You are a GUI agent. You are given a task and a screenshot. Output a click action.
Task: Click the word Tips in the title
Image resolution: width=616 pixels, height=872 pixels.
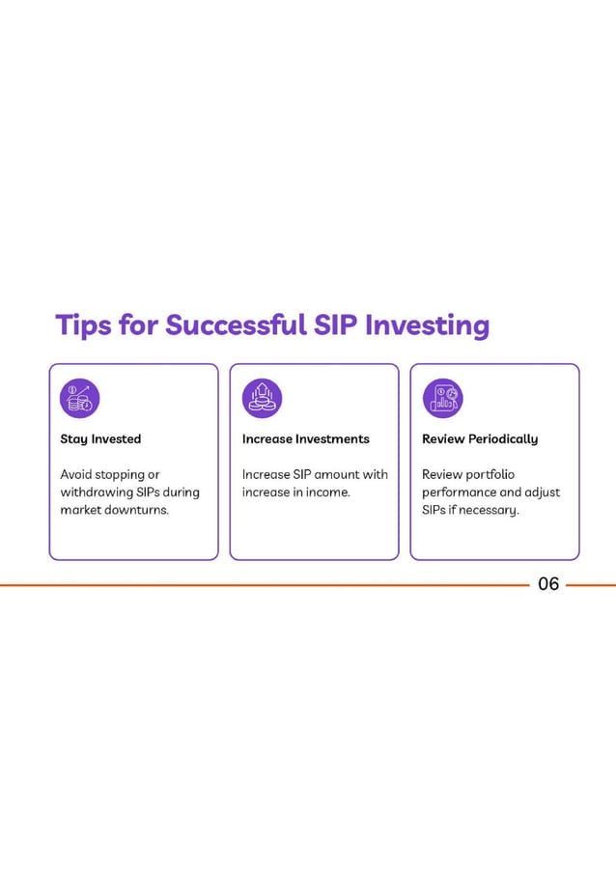tap(81, 325)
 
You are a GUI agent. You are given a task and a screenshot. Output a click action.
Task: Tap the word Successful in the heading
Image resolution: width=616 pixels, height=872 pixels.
tap(236, 325)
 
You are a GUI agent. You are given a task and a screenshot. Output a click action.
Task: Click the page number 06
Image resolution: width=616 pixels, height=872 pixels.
tap(548, 584)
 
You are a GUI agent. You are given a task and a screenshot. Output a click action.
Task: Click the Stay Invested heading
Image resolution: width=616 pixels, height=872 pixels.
tap(100, 439)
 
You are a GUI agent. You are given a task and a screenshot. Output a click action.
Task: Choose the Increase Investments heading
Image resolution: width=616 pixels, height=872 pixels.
tap(305, 439)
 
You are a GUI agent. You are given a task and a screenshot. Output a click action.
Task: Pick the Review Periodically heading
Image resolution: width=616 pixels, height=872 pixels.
tap(480, 439)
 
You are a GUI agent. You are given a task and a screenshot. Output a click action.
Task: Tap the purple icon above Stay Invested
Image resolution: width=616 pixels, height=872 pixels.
tap(79, 398)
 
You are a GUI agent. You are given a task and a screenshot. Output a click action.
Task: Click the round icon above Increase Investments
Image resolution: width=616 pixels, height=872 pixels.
tap(262, 398)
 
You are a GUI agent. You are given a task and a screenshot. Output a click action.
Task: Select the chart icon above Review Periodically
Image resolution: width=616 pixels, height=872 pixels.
tap(442, 398)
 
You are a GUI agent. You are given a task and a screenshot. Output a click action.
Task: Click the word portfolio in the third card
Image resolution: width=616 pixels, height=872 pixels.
tap(490, 475)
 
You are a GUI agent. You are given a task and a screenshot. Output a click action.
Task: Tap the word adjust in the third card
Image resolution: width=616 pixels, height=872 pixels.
tap(540, 492)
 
